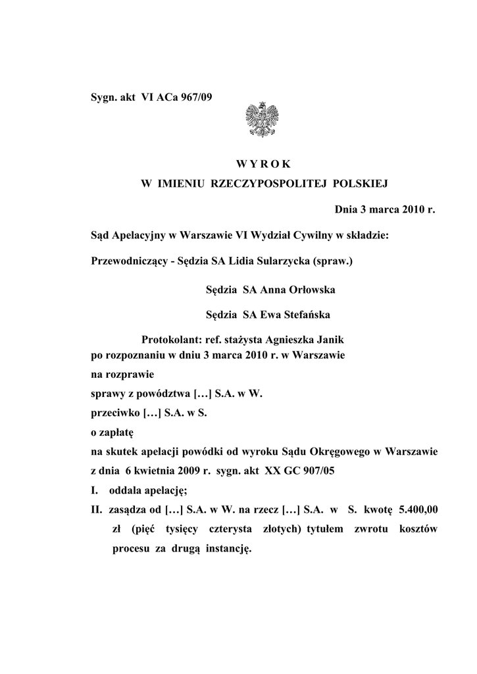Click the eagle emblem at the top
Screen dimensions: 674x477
[260, 119]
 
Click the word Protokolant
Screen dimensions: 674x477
[170, 340]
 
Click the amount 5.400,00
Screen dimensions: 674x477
[421, 509]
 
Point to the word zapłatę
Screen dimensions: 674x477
[116, 433]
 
